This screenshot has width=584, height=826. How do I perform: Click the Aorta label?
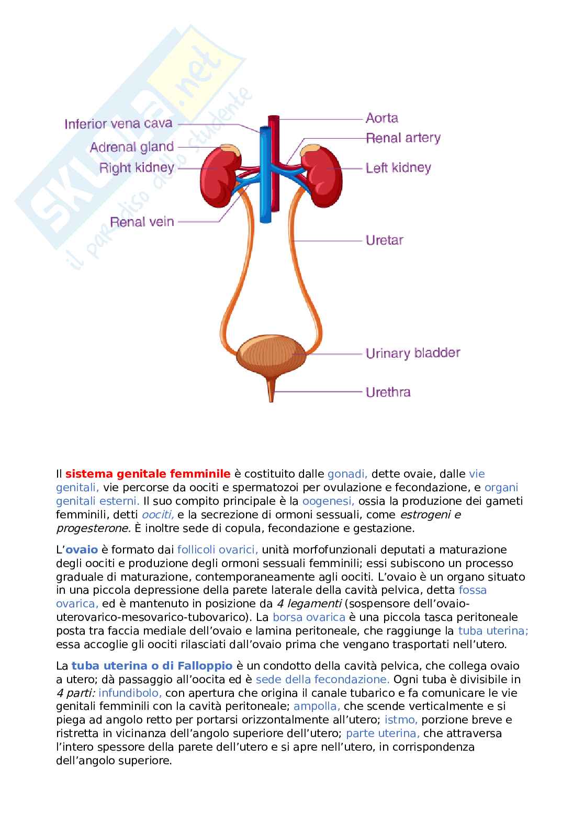[x=381, y=118]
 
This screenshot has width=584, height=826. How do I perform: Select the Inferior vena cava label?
[x=118, y=124]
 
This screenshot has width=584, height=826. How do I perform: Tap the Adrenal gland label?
[x=131, y=147]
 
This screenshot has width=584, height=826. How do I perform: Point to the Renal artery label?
[x=403, y=138]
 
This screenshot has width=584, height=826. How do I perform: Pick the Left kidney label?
[x=398, y=168]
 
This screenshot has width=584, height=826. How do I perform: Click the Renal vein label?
[x=142, y=222]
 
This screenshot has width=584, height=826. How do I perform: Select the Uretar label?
[x=384, y=241]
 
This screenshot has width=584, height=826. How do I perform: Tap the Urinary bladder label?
[x=412, y=353]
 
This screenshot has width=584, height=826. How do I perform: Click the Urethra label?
[x=388, y=392]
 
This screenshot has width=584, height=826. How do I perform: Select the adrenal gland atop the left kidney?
[x=308, y=150]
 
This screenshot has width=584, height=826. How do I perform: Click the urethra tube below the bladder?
[x=271, y=390]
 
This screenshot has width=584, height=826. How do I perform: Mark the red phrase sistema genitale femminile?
[x=148, y=474]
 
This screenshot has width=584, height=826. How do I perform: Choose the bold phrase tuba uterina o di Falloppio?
[x=152, y=666]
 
